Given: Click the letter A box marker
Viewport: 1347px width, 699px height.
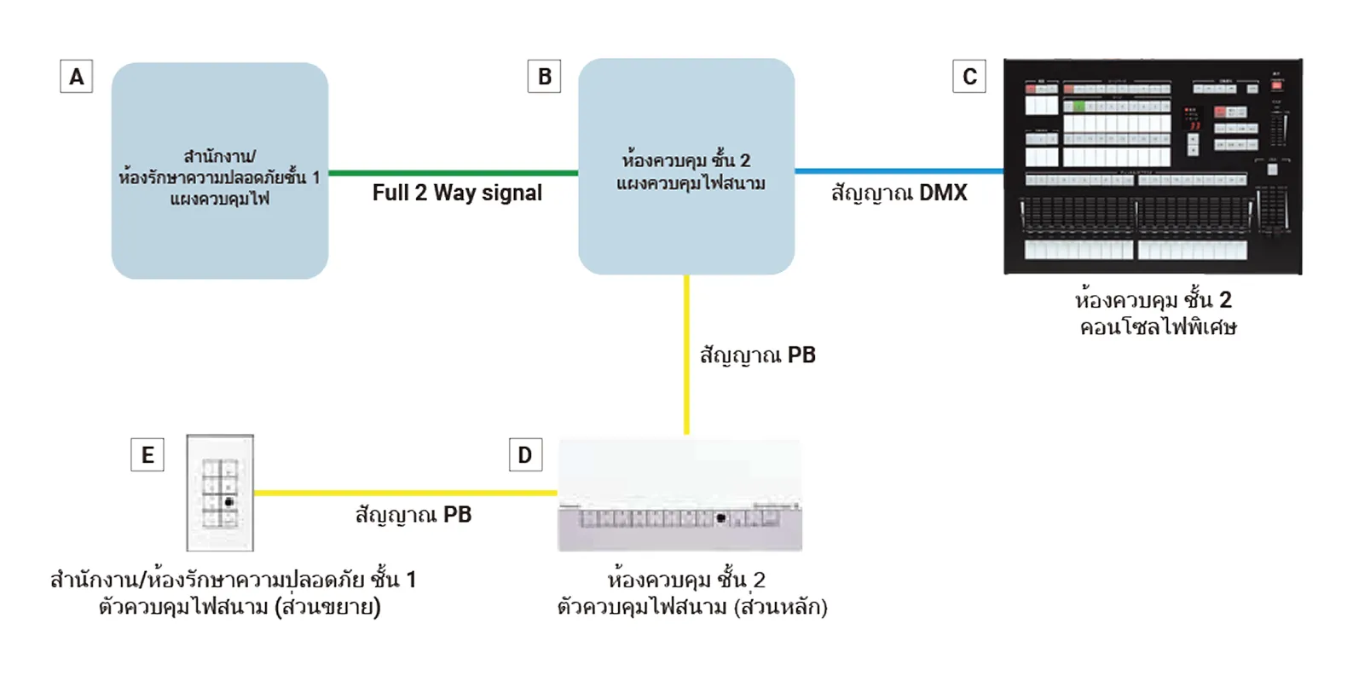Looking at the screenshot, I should click(76, 77).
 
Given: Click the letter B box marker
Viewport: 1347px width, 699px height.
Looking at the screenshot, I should click(544, 77).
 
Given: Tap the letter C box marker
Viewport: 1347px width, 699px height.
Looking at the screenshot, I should click(969, 77).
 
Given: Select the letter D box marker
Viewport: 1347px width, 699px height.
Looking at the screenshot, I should click(525, 455).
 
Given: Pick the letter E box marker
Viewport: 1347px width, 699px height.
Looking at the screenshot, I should click(147, 455).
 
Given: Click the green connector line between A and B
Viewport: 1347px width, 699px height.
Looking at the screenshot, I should click(453, 173).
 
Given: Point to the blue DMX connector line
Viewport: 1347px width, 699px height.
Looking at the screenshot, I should click(899, 171).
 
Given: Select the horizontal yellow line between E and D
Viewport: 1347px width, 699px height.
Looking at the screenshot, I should click(405, 493).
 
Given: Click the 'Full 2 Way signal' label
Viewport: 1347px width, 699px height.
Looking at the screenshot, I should click(457, 193).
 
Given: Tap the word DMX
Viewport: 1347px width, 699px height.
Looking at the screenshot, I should click(943, 193).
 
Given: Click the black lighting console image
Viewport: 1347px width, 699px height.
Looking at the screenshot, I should click(1153, 166).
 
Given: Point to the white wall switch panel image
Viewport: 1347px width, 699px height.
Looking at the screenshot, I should click(220, 493).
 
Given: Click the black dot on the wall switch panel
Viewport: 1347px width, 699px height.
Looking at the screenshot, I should click(228, 502).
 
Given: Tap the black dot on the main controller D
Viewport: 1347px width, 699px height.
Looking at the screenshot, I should click(721, 517).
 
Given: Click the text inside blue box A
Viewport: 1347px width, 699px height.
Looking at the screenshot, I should click(219, 177).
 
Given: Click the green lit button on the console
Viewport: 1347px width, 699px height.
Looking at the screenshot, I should click(1078, 107).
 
